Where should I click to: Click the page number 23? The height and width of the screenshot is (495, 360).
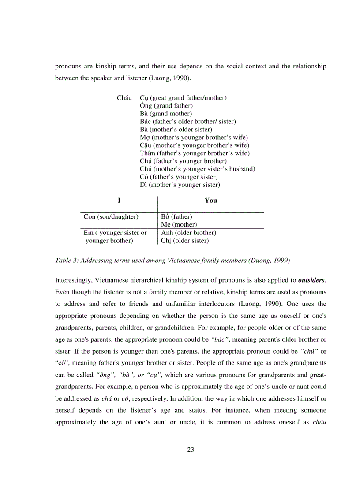191,450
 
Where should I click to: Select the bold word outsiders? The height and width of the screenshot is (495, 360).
311,280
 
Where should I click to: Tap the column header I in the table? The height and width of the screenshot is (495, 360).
119,201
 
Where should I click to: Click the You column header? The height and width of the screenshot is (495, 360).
210,201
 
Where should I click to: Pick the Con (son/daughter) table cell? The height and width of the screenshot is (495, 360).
111,217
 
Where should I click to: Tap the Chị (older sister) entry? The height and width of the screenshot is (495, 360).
185,241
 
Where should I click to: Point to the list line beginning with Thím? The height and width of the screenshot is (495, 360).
195,153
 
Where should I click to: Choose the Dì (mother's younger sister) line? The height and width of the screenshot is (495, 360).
180,185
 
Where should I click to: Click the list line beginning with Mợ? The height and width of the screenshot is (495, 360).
194,137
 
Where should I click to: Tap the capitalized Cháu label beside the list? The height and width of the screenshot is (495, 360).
125,98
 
